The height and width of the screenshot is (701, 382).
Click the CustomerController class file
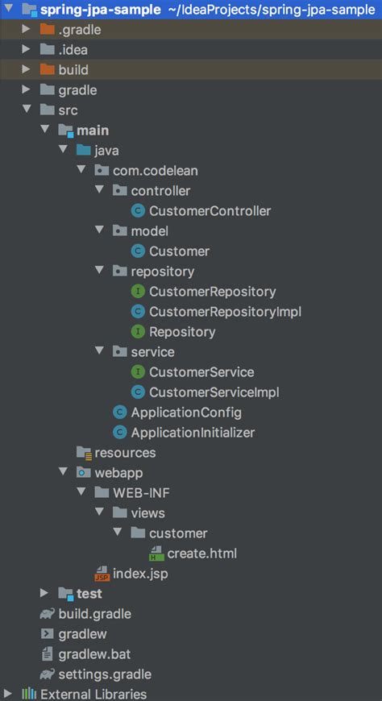210,211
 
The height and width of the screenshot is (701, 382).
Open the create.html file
201,554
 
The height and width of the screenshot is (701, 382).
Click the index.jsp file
142,574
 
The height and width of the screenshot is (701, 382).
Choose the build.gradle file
94,614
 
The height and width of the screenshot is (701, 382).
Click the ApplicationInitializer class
193,433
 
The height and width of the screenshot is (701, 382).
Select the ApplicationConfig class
186,413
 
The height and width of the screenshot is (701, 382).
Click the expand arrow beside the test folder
44,594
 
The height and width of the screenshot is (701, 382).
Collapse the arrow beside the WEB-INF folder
81,493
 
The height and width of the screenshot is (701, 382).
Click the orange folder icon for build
47,70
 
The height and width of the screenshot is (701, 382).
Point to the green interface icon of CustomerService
138,372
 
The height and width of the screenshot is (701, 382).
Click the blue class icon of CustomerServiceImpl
138,392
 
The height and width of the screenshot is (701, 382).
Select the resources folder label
125,453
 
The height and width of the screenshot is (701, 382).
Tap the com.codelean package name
155,171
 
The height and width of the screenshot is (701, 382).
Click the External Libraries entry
93,694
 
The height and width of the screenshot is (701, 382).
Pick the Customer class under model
179,251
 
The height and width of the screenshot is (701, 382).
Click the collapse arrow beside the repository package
99,272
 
